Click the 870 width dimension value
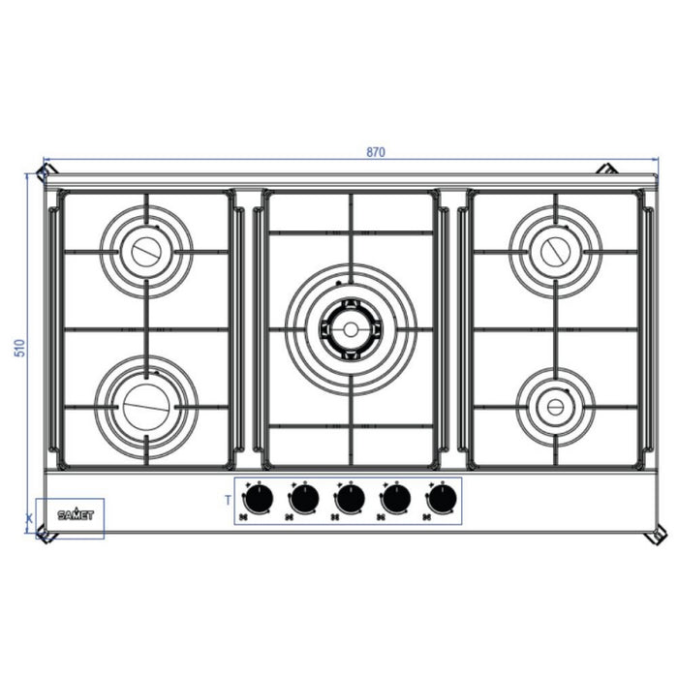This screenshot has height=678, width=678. coord(376,153)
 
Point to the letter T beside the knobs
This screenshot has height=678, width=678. coord(227,500)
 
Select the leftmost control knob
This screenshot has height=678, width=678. coord(257,500)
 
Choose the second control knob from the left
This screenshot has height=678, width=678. coord(303,500)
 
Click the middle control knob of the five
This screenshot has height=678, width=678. coord(350,500)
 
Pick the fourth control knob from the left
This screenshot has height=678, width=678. coord(396,500)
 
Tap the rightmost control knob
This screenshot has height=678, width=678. coord(442,500)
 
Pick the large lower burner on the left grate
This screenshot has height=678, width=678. coord(146,406)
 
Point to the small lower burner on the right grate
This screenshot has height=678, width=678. coord(554,406)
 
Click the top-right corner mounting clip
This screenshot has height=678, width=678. coord(607,169)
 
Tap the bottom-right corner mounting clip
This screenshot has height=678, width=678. coord(656,536)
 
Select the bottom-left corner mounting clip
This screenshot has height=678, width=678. coord(42,534)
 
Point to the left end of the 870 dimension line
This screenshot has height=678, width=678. coord(45,160)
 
